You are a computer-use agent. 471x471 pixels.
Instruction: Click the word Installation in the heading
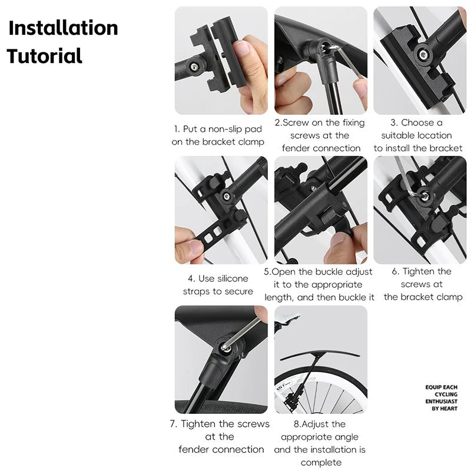point(64,28)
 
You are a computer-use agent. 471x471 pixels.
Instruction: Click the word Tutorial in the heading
point(45,56)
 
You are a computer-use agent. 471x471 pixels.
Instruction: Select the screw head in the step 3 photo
point(423,54)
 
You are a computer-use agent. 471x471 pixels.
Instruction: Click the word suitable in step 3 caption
point(396,135)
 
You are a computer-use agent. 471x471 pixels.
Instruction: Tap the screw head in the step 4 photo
point(227,197)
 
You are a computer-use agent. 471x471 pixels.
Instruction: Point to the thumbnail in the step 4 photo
point(195,248)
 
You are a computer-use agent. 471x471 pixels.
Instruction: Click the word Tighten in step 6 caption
point(419,271)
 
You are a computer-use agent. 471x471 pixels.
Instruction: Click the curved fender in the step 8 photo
point(319,354)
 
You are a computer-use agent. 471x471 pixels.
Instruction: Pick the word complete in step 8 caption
point(321,462)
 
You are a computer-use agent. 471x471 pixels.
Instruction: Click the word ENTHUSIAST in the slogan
point(441,402)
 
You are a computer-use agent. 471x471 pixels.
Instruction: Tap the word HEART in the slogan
point(449,409)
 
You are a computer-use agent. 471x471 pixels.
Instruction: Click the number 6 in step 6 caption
point(395,272)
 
